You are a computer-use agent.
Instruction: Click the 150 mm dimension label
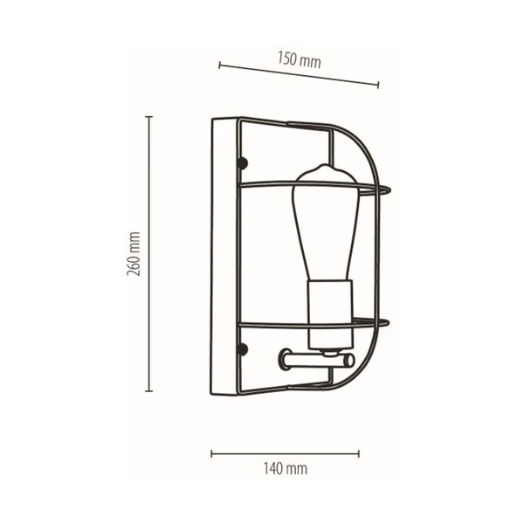pos(299,61)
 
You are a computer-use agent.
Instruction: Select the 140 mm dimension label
pos(286,469)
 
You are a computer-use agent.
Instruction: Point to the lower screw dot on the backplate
pos(244,349)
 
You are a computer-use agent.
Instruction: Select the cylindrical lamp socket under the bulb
pos(329,309)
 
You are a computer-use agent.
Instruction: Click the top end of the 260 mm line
pos(148,115)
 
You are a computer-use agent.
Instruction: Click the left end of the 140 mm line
pos(212,452)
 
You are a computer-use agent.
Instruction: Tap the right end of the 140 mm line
pos(359,452)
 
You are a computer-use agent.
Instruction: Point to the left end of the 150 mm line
pos(219,64)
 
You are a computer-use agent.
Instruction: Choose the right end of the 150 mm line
pos(379,85)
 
